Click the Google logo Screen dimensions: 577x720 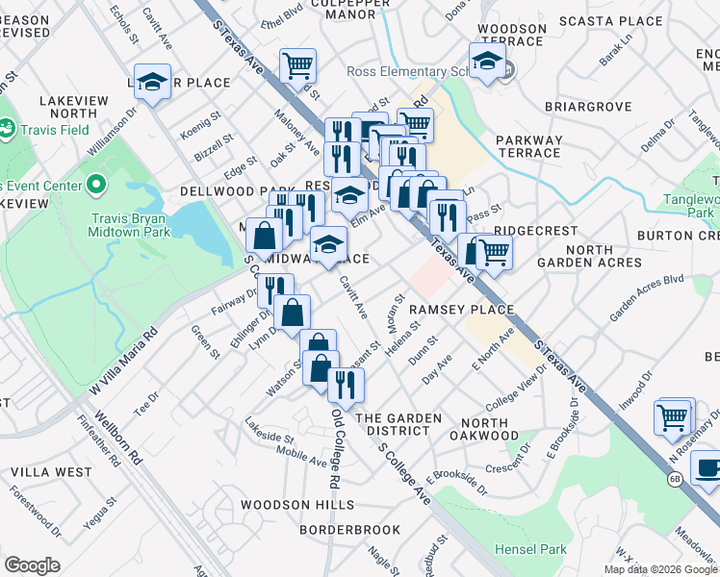[32, 565]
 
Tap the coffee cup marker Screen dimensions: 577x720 [708, 469]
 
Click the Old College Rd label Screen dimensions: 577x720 [336, 448]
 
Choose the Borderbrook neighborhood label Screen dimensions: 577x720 [349, 530]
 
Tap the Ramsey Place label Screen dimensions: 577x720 [458, 310]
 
